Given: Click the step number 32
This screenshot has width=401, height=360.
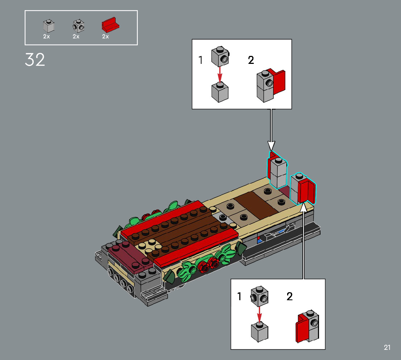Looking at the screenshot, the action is (35, 60).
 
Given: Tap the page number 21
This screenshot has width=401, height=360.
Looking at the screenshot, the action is (387, 347).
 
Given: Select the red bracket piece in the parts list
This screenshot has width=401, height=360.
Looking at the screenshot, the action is (111, 25).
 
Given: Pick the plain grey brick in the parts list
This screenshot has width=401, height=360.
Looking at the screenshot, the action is (49, 26).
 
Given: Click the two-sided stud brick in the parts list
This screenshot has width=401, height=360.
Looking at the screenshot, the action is (79, 26).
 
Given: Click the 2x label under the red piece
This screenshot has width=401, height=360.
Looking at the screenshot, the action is (106, 37).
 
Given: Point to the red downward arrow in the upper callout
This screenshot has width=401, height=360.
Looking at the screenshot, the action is (220, 74).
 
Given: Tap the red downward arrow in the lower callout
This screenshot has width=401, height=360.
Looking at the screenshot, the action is (259, 315).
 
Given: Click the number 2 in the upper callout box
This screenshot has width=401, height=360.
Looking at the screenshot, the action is (251, 60).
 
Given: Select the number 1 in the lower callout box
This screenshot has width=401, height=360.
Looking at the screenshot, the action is (239, 296).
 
